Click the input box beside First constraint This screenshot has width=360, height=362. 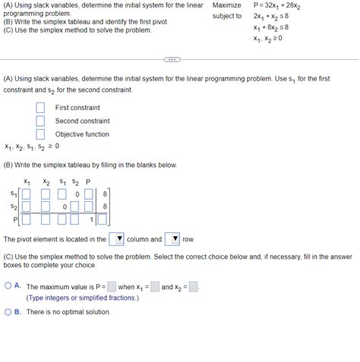point(40,108)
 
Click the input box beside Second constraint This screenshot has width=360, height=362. point(40,121)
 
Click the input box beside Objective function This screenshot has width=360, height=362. point(40,134)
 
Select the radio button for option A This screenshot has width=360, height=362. point(8,287)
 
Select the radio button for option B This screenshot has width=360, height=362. point(8,311)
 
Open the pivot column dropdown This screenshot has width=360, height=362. point(116,239)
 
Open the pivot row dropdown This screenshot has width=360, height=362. point(172,239)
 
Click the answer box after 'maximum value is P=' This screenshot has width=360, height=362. point(111,287)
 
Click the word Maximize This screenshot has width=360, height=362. point(226,5)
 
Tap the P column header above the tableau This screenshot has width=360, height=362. point(88,181)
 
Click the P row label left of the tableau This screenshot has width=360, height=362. point(14,220)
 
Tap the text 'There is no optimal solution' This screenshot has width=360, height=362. point(68,312)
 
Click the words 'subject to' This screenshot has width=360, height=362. point(226,16)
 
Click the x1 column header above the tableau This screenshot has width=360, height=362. point(27,182)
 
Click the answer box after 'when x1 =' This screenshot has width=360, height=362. point(154,287)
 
